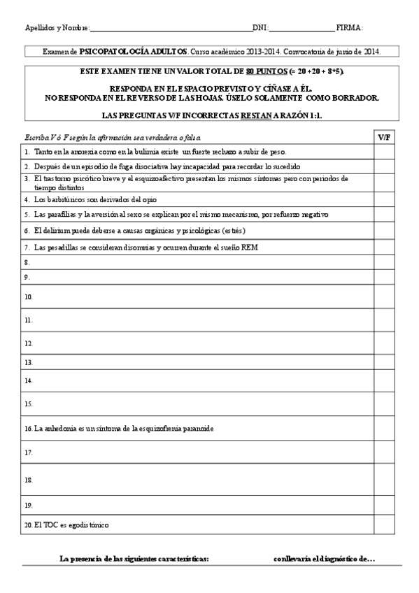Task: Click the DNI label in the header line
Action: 260,28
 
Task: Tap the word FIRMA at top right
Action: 348,28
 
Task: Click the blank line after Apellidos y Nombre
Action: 171,29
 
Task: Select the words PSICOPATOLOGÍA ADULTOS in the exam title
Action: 133,52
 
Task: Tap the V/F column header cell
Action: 384,137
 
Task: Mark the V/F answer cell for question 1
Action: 384,152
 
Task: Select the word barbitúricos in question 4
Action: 67,199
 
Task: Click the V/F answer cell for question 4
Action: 384,199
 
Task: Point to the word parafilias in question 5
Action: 61,215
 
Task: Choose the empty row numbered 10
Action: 196,297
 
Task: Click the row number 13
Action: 29,364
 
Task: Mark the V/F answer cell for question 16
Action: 384,428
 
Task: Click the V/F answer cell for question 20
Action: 384,525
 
